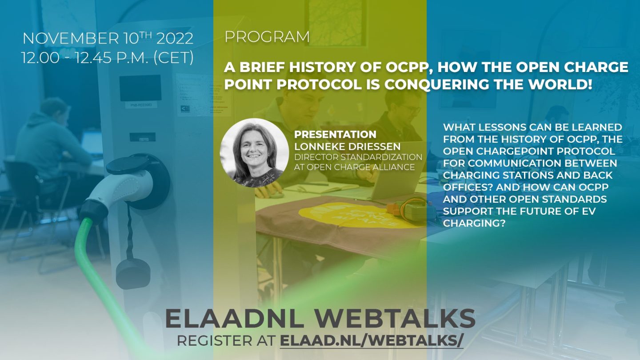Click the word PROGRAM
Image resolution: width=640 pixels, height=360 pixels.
pyautogui.click(x=267, y=37)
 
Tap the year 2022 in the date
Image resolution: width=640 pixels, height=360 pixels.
pyautogui.click(x=175, y=39)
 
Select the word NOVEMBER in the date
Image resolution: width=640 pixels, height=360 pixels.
pyautogui.click(x=71, y=39)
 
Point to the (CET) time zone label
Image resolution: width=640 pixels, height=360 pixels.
pyautogui.click(x=174, y=57)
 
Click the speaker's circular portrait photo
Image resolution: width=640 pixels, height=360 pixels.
pyautogui.click(x=254, y=153)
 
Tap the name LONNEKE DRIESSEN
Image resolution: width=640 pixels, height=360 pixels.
pyautogui.click(x=348, y=146)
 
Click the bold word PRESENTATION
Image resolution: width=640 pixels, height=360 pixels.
pyautogui.click(x=336, y=134)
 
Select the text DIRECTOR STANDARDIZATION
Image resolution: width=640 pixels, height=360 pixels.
pyautogui.click(x=358, y=157)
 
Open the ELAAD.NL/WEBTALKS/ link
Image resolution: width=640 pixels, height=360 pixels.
pyautogui.click(x=372, y=341)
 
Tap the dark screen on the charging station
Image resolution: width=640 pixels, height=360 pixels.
pyautogui.click(x=140, y=88)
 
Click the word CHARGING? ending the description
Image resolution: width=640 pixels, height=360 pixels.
pyautogui.click(x=472, y=223)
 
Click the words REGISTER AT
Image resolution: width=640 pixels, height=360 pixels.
pyautogui.click(x=226, y=341)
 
